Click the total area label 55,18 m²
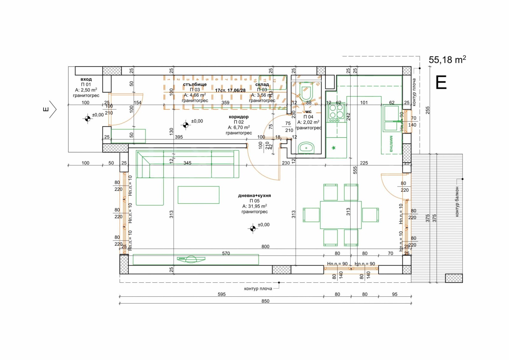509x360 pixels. pyautogui.click(x=447, y=60)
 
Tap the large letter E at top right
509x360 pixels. pyautogui.click(x=441, y=83)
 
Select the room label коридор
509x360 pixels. pyautogui.click(x=239, y=117)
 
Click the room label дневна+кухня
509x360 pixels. pyautogui.click(x=254, y=195)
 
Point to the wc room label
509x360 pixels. pyautogui.click(x=308, y=112)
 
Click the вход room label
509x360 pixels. pyautogui.click(x=86, y=79)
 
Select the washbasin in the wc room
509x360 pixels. pyautogui.click(x=306, y=148)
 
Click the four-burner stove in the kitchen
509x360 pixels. pyautogui.click(x=336, y=112)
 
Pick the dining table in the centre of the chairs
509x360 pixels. pyautogui.click(x=340, y=215)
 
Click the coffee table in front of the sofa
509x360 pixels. pyautogui.click(x=199, y=195)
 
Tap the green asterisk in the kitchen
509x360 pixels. pyautogui.click(x=334, y=148)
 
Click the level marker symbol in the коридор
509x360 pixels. pyautogui.click(x=186, y=125)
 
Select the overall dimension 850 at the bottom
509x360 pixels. pyautogui.click(x=265, y=301)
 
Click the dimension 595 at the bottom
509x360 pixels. pyautogui.click(x=221, y=294)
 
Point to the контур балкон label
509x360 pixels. pyautogui.click(x=457, y=202)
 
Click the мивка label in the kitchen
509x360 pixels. pyautogui.click(x=391, y=144)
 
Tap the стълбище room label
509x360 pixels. pyautogui.click(x=195, y=84)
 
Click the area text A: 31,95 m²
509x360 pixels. pyautogui.click(x=254, y=206)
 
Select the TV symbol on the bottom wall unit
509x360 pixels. pyautogui.click(x=191, y=259)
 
